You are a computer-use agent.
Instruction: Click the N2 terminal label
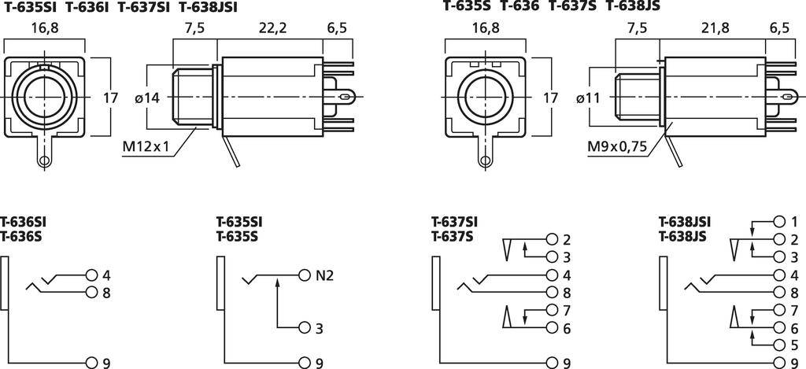pos(325,275)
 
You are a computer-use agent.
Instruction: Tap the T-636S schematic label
pos(20,236)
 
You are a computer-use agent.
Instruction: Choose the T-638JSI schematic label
pos(684,223)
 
